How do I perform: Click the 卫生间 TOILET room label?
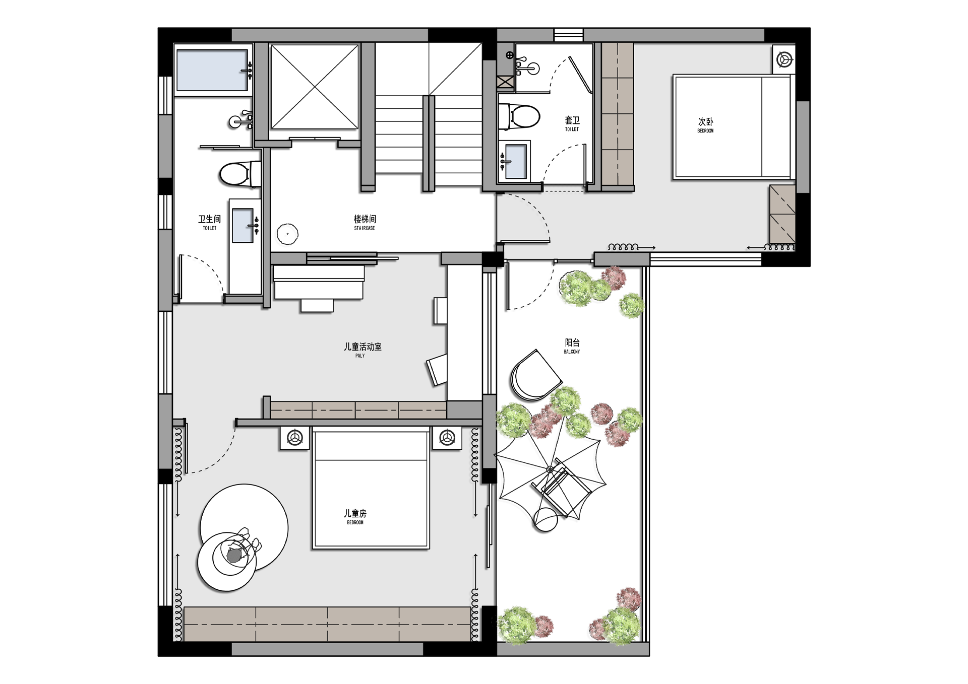pyautogui.click(x=209, y=222)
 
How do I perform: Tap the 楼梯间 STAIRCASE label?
pyautogui.click(x=365, y=222)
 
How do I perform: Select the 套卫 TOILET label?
pyautogui.click(x=572, y=123)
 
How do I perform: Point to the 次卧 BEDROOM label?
pyautogui.click(x=705, y=125)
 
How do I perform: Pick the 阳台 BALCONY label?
pyautogui.click(x=572, y=346)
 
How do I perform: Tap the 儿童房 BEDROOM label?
pyautogui.click(x=355, y=516)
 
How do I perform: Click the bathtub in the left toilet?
pyautogui.click(x=213, y=70)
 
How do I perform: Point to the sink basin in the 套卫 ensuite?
pyautogui.click(x=514, y=161)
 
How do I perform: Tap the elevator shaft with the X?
pyautogui.click(x=315, y=87)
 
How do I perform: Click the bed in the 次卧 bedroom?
pyautogui.click(x=733, y=127)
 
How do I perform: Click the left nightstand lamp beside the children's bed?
pyautogui.click(x=295, y=438)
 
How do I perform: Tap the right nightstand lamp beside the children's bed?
pyautogui.click(x=447, y=438)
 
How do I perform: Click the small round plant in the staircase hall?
pyautogui.click(x=287, y=234)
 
